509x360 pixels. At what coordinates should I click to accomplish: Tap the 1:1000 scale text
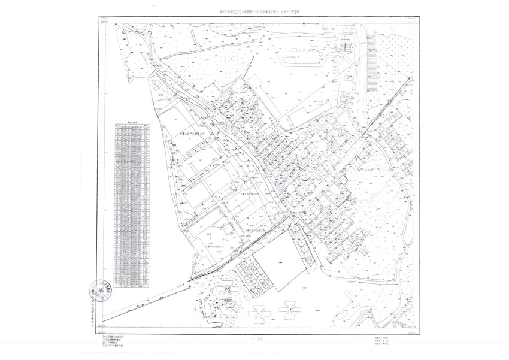(254, 339)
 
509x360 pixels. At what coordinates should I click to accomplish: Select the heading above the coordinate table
(132, 121)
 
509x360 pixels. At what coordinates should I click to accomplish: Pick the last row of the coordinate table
(132, 286)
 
